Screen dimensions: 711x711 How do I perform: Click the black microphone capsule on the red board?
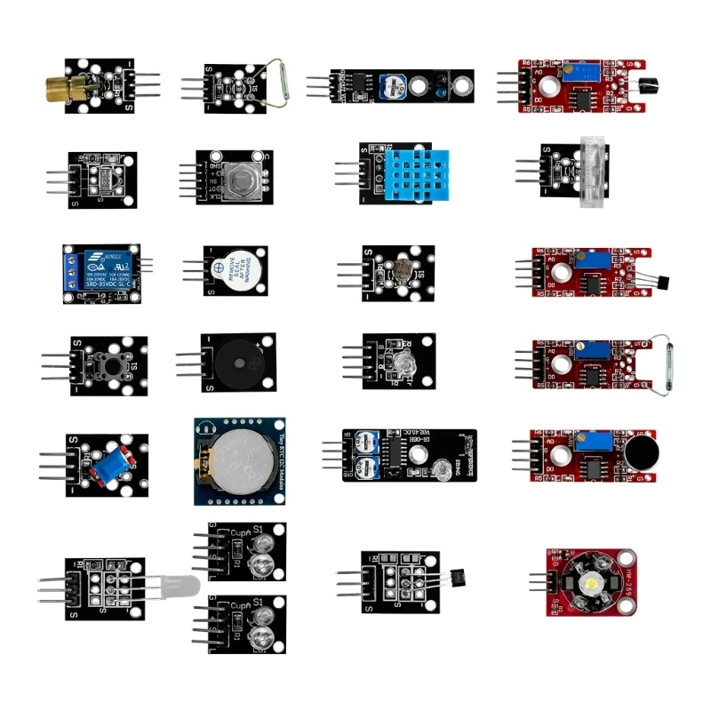click(640, 455)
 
